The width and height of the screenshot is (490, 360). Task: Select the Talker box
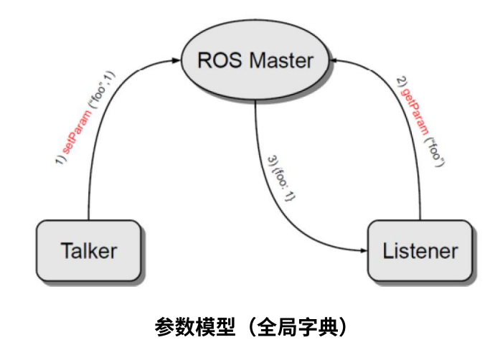[88, 251]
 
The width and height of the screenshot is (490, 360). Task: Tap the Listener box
[420, 251]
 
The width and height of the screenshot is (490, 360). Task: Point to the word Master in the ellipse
[281, 60]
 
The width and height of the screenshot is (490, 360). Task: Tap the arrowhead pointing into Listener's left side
[362, 250]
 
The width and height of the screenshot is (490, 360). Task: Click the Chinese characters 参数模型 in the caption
[190, 328]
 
